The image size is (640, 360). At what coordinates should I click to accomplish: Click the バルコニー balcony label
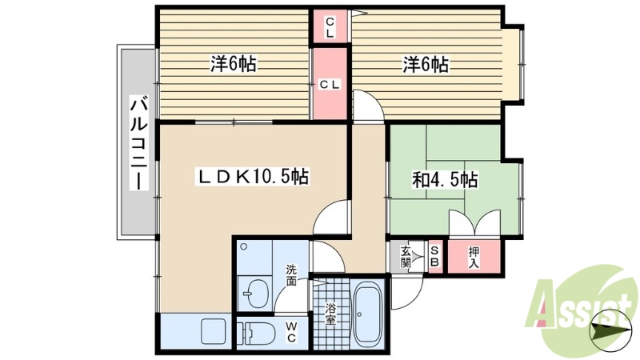[x=138, y=142]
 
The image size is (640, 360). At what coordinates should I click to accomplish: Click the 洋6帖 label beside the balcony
[x=233, y=65]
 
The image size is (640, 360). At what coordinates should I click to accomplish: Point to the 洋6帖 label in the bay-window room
[x=425, y=65]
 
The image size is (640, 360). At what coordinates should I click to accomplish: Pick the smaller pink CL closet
[x=330, y=27]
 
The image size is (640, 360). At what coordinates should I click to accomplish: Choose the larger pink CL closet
[x=330, y=84]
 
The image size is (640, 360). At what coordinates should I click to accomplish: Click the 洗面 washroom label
[x=291, y=275]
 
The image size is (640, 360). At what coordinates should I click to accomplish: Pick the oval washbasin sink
[x=255, y=293]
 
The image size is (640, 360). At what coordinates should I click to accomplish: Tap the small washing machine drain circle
[x=244, y=246]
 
